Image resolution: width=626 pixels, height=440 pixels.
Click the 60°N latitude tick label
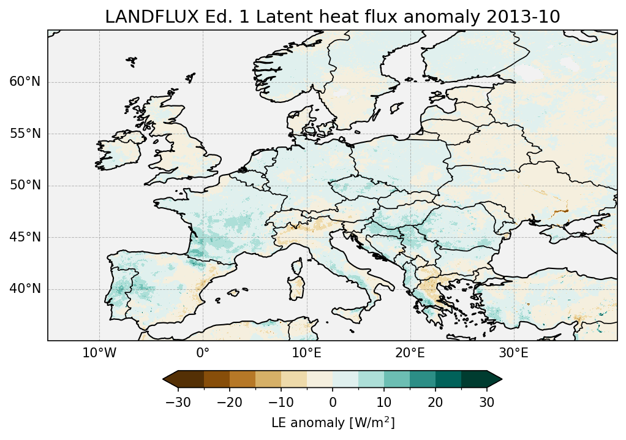point(25,82)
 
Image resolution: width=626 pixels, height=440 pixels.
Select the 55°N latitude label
point(25,134)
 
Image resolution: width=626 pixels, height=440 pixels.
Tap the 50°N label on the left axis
point(25,186)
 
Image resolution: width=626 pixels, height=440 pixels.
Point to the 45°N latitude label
point(25,237)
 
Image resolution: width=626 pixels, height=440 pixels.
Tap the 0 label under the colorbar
point(333,402)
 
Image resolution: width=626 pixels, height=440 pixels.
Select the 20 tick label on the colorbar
point(435,402)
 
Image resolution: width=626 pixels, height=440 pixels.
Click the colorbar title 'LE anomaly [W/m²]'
point(333,423)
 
